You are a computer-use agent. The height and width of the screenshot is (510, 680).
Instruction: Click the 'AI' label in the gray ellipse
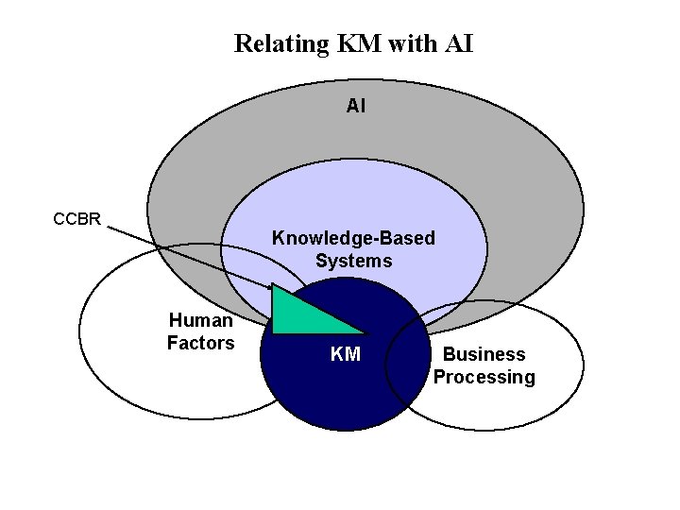(x=355, y=107)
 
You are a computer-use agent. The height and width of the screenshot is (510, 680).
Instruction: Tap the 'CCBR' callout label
(x=76, y=219)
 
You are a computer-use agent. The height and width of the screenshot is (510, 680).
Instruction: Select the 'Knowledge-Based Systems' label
(x=353, y=249)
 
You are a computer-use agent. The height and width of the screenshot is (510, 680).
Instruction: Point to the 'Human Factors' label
(x=200, y=331)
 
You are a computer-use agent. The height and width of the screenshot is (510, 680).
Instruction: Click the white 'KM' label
(x=345, y=354)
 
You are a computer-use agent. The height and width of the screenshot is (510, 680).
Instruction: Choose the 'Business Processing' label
(x=484, y=365)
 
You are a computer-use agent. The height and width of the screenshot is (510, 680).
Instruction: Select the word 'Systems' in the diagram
(x=353, y=261)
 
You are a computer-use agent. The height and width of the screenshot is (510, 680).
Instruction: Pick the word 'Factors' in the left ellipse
(x=200, y=343)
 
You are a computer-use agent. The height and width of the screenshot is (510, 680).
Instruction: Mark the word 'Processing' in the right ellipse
(x=484, y=377)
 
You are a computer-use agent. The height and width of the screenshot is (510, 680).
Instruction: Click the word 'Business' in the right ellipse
(x=484, y=354)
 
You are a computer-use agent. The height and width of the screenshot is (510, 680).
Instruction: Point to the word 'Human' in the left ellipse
(x=200, y=320)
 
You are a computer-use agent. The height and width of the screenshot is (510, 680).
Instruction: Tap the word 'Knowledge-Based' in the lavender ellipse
(x=353, y=238)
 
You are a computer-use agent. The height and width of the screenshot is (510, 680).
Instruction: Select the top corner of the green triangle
(x=273, y=285)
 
